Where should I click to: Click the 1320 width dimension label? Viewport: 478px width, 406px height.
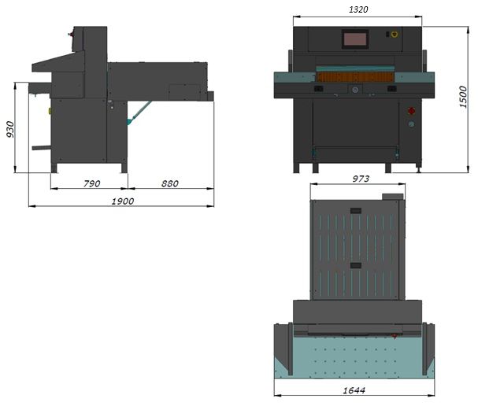click(358, 9)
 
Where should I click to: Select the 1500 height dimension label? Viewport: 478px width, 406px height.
click(463, 97)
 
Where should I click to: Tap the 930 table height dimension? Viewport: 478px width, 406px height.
click(10, 130)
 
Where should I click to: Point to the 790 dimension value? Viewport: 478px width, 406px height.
click(92, 183)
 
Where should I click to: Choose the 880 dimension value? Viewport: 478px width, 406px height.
click(170, 183)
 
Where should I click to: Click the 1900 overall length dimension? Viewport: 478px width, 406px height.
click(123, 201)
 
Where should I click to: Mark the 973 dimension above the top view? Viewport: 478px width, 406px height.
click(361, 179)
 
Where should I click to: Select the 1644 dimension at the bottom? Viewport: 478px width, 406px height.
click(354, 390)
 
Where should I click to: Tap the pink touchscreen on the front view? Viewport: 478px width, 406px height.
click(355, 39)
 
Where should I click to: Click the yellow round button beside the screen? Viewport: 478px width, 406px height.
click(395, 34)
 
